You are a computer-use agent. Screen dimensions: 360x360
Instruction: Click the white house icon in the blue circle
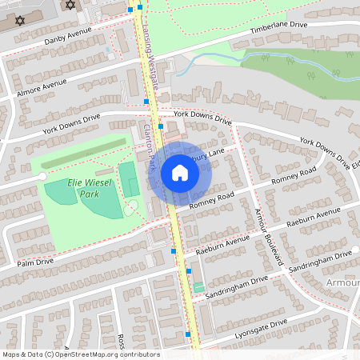[x=180, y=172]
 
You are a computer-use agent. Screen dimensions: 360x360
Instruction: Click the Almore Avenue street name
[x=42, y=89]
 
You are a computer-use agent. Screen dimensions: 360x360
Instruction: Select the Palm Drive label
[x=36, y=261]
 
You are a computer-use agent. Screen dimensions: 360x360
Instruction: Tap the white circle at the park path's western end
[x=42, y=175]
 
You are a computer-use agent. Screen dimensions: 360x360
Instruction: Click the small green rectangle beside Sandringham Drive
[x=199, y=286]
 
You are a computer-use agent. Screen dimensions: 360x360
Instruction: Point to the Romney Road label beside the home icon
[x=211, y=198]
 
